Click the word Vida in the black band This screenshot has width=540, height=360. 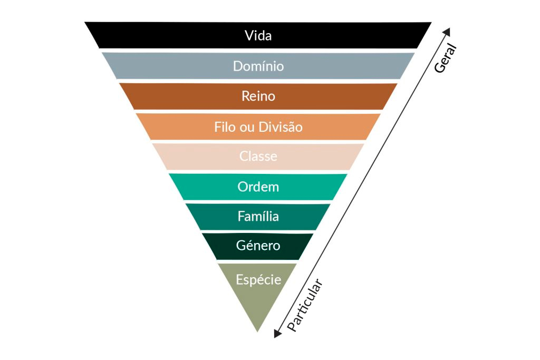[x=258, y=36]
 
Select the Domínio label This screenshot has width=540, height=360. [x=258, y=66]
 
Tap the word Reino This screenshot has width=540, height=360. [x=258, y=96]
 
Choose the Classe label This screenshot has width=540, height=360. [x=258, y=157]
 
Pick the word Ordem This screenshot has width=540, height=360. [x=258, y=187]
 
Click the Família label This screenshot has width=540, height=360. [x=258, y=216]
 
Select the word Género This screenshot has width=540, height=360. [x=258, y=246]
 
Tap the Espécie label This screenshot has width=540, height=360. [x=258, y=279]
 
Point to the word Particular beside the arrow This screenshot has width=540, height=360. [x=304, y=306]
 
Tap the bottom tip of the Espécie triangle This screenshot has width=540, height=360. [x=257, y=331]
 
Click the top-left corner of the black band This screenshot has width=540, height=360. [x=85, y=23]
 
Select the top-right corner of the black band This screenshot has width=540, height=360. [x=431, y=23]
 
